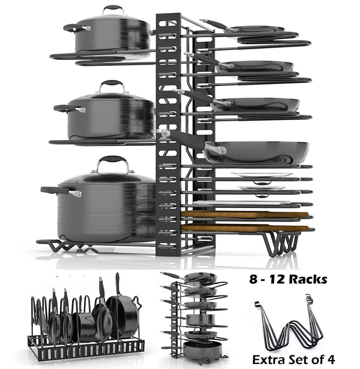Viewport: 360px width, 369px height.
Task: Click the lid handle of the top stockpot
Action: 113,9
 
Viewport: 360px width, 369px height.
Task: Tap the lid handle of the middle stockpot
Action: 112,83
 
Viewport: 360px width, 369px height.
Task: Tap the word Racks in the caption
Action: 308,280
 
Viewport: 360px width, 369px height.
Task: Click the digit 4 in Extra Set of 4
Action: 331,360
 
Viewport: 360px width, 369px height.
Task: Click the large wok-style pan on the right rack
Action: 256,152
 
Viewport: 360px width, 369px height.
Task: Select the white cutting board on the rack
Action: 242,203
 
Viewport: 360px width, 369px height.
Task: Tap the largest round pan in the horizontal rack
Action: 122,316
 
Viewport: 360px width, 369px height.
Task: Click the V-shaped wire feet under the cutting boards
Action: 282,244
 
